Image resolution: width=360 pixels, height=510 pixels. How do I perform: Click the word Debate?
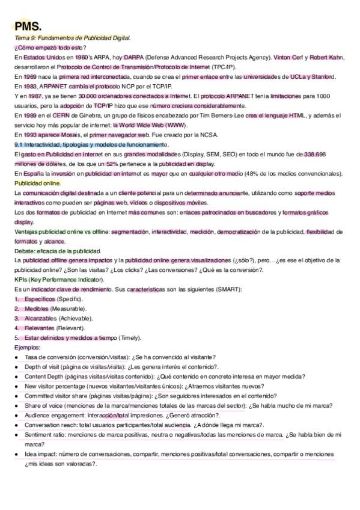point(24,251)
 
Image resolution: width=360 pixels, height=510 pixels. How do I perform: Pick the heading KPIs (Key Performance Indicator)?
point(52,280)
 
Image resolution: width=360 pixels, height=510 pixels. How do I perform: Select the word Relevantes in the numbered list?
point(40,328)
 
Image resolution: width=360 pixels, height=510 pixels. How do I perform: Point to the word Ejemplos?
point(27,348)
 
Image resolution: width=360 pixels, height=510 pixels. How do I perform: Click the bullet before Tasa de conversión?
point(16,357)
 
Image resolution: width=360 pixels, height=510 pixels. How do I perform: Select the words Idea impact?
point(41,454)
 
